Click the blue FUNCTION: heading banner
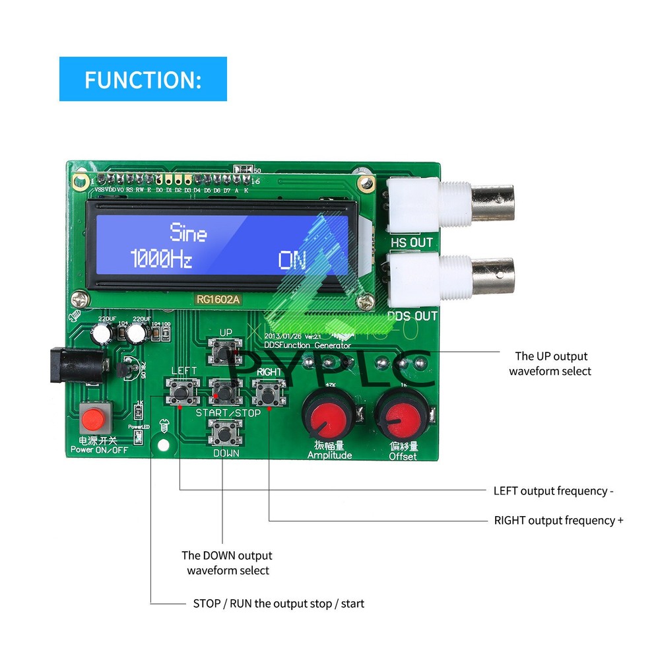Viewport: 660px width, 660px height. pyautogui.click(x=143, y=79)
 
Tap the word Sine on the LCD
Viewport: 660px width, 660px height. pyautogui.click(x=188, y=232)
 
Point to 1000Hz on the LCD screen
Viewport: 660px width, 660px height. pyautogui.click(x=160, y=259)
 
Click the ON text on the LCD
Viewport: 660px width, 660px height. pyautogui.click(x=292, y=260)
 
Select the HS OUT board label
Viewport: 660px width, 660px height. pyautogui.click(x=412, y=242)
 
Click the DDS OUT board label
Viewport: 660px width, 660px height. pyautogui.click(x=412, y=315)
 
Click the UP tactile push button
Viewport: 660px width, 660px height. pyautogui.click(x=225, y=352)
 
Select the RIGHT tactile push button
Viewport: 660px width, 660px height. pyautogui.click(x=268, y=394)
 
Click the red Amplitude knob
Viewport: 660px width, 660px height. pyautogui.click(x=328, y=414)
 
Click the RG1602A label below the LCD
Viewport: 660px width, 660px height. pyautogui.click(x=218, y=299)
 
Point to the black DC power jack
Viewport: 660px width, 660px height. pyautogui.click(x=73, y=367)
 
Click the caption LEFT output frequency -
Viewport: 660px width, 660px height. pyautogui.click(x=554, y=490)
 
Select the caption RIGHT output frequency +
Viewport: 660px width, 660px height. pyautogui.click(x=558, y=520)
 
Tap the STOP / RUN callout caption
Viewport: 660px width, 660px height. pyautogui.click(x=278, y=603)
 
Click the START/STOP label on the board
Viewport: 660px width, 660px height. pyautogui.click(x=228, y=412)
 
